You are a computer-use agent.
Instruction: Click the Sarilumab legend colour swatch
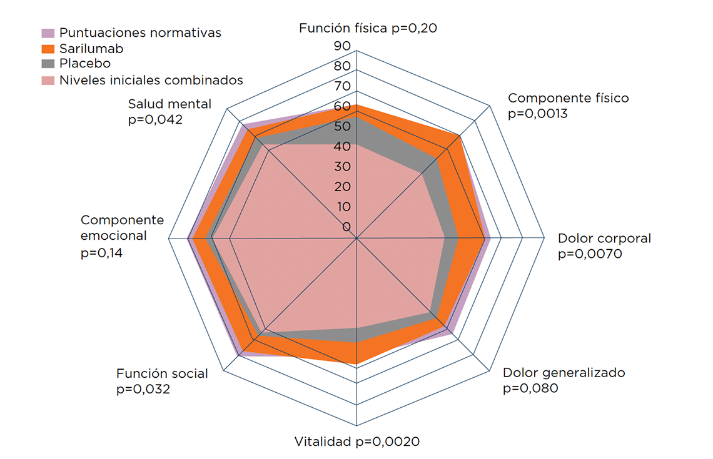click(48, 49)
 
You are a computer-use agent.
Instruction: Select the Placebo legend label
click(85, 64)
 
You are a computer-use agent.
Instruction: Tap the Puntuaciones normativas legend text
click(140, 32)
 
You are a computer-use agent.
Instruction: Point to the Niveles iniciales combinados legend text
click(151, 80)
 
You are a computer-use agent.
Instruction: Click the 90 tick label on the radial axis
click(342, 46)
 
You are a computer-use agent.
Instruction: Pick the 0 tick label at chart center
click(346, 226)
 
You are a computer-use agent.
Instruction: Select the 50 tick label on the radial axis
click(342, 126)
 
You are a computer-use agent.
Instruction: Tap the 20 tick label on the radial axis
click(342, 187)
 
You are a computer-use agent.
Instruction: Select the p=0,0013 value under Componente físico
click(539, 114)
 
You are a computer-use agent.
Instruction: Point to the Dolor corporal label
click(604, 239)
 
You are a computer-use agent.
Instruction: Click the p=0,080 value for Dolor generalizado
click(530, 388)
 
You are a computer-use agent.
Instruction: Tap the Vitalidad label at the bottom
click(323, 442)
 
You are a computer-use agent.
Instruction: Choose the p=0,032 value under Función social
click(143, 390)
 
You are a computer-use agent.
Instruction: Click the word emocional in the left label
click(114, 236)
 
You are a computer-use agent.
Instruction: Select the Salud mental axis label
click(169, 104)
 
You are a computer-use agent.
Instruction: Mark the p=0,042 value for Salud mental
click(155, 119)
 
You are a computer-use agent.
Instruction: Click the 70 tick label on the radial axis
click(342, 86)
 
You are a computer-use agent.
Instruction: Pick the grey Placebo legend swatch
click(48, 64)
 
